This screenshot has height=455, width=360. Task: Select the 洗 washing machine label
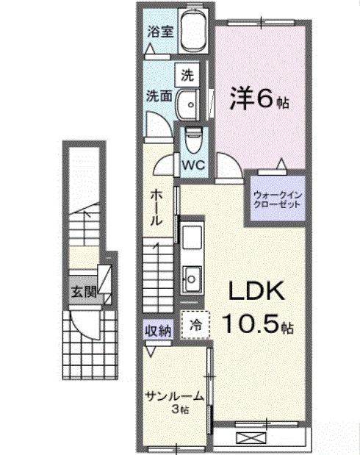187,74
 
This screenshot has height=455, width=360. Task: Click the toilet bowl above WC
194,138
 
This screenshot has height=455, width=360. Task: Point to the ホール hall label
156,207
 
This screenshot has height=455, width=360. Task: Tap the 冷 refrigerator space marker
195,323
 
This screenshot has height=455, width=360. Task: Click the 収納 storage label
157,330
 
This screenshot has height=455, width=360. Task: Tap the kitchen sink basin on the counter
192,279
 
